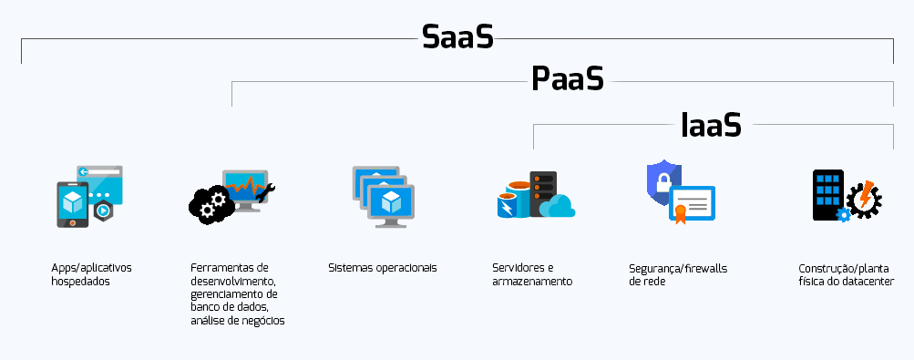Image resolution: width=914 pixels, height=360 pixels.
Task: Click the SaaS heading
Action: coord(457,37)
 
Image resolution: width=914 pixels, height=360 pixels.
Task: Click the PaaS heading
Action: coord(568,80)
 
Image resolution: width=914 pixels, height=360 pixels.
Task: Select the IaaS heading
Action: coord(711,125)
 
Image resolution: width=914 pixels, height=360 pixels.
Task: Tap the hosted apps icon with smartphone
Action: coord(74,204)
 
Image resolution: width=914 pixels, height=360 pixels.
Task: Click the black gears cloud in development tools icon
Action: coord(209,202)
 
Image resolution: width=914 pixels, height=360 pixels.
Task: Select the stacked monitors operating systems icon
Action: coord(384,196)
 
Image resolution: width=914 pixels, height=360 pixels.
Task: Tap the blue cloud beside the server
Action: coord(556,207)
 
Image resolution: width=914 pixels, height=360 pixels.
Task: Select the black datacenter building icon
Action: coord(828,192)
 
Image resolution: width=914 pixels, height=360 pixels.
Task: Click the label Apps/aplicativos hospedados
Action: coord(91,274)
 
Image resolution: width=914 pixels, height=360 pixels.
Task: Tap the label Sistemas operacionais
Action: coord(383,268)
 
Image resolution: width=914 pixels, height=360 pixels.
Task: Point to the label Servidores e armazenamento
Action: coord(532,274)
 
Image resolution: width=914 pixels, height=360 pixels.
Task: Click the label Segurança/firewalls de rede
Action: coord(673,274)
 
